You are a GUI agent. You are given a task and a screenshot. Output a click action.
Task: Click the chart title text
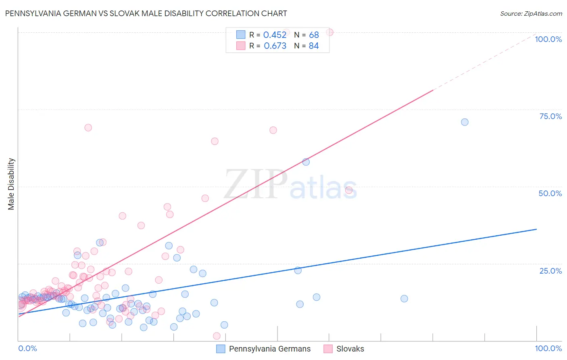(146, 13)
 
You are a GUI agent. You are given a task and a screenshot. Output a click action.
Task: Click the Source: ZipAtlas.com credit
(531, 13)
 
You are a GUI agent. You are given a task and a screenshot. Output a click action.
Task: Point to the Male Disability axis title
(11, 184)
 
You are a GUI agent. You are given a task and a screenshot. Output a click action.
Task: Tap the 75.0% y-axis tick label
(550, 116)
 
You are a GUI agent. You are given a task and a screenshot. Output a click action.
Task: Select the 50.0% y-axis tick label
(550, 193)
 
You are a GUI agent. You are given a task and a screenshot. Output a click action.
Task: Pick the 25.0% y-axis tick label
(550, 271)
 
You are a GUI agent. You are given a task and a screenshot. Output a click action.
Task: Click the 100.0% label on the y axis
(548, 39)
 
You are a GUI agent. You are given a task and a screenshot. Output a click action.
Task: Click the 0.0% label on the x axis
(27, 348)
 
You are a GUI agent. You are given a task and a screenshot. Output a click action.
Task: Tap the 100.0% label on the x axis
(548, 348)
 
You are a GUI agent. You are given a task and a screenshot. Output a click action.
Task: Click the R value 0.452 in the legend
(275, 35)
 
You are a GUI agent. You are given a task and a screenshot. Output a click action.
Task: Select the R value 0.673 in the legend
(275, 46)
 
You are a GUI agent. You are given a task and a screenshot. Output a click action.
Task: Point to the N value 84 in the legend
(314, 46)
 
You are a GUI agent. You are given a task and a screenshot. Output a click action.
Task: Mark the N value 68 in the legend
(314, 35)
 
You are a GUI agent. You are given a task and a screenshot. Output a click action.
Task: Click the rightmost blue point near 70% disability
(465, 122)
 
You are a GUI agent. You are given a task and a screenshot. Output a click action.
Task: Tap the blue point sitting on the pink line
(306, 162)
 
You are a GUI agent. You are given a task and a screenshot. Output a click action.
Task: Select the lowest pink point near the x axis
(217, 336)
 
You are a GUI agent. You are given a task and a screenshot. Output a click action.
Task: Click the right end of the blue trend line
(536, 229)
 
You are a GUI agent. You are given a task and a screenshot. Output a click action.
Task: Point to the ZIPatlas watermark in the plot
(290, 185)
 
